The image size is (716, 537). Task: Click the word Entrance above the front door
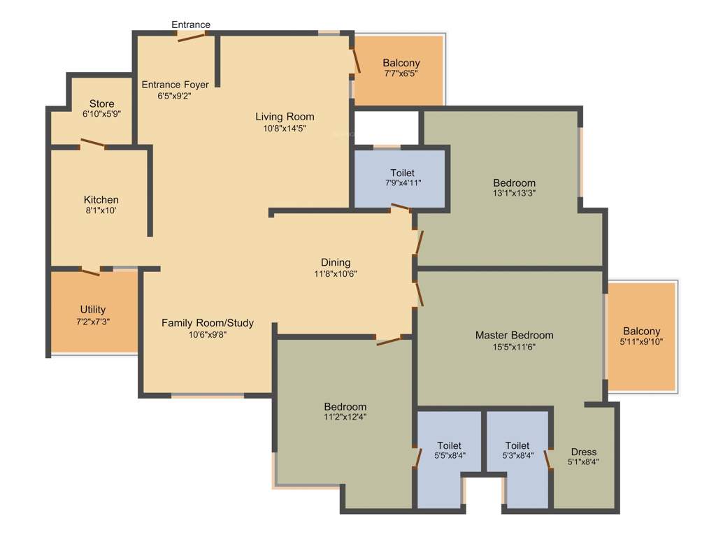(191, 24)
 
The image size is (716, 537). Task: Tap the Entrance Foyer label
(175, 85)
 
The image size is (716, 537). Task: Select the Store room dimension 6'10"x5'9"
(101, 113)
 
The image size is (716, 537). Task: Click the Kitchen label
(101, 199)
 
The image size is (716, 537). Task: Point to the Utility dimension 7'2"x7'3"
(93, 321)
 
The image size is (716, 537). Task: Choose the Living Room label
(285, 116)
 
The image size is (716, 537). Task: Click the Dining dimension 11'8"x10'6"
(336, 274)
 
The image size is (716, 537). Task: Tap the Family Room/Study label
(208, 322)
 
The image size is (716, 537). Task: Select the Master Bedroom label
(514, 335)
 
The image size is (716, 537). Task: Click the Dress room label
(583, 451)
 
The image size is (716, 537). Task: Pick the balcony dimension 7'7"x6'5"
(401, 73)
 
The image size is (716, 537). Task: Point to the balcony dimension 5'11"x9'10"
(641, 342)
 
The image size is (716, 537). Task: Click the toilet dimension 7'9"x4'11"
(402, 183)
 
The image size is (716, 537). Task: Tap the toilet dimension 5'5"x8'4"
(449, 456)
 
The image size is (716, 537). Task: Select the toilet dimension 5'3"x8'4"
(517, 456)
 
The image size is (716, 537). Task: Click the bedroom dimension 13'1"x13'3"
(514, 194)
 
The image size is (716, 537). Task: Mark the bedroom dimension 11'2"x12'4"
(345, 417)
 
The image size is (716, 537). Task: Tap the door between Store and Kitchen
(92, 145)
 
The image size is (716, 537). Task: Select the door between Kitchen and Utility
(90, 271)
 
